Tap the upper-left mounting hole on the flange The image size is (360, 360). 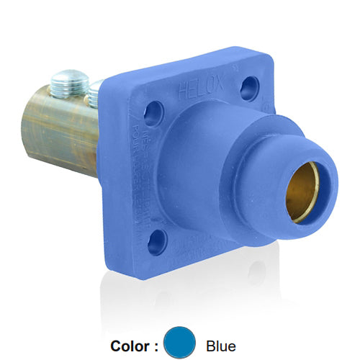[154, 113]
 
